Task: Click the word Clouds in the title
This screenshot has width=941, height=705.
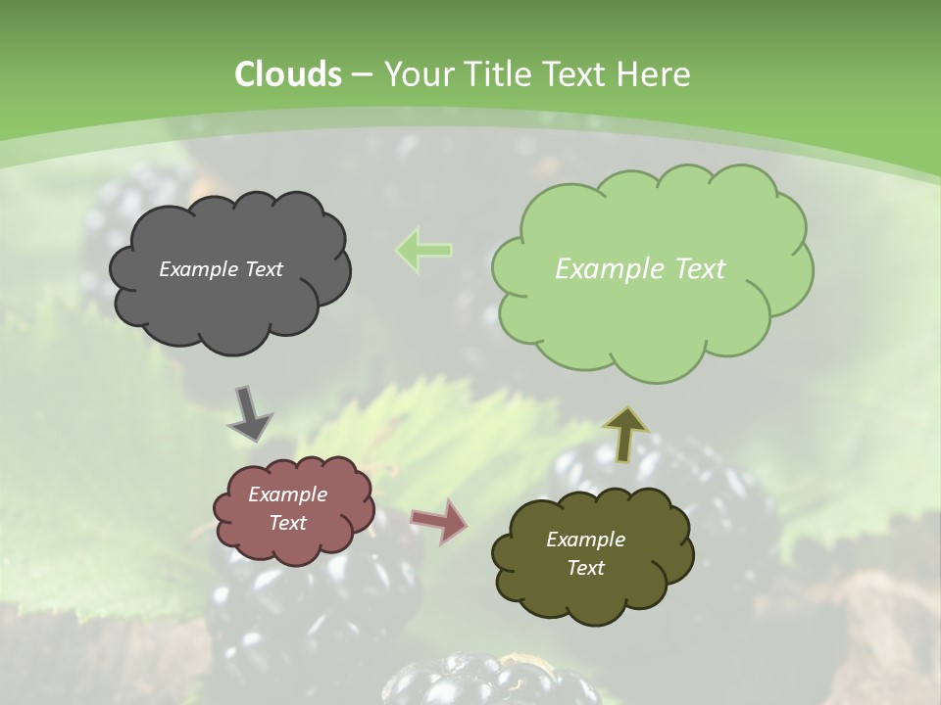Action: coord(288,74)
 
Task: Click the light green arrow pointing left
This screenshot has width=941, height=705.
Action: coord(423,250)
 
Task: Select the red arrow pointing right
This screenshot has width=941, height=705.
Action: coord(439,520)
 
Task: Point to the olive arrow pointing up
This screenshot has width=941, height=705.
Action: coord(625,433)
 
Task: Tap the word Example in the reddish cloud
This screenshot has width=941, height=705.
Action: coord(287,494)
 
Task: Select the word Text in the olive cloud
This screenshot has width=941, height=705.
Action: coord(585,568)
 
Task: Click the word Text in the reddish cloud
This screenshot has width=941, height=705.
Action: coord(287,523)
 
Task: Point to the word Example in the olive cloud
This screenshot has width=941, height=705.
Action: coord(585,540)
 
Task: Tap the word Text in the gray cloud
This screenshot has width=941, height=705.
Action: coord(263,269)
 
